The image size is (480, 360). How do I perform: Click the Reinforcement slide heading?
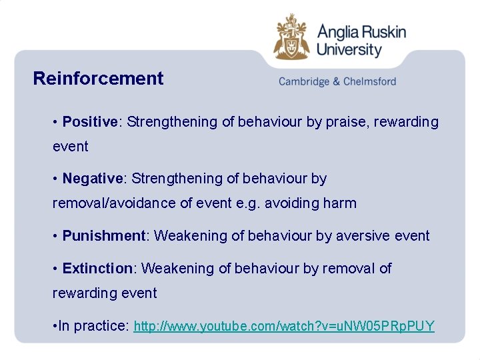coord(98,79)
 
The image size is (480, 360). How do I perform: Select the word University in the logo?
coord(349,49)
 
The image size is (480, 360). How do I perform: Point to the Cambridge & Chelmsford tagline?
coord(337,81)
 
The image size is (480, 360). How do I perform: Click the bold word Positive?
coord(89,122)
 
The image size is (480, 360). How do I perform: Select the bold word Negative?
coord(92,179)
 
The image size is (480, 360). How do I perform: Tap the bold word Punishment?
coord(103,235)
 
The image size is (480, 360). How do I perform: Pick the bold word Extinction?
coord(98,268)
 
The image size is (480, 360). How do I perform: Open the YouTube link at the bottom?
coord(284,326)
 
